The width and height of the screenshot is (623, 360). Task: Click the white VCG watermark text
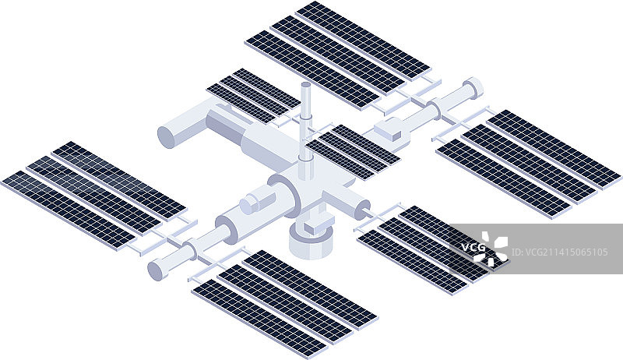pyautogui.click(x=473, y=247)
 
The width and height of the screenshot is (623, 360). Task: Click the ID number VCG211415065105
pyautogui.click(x=559, y=252)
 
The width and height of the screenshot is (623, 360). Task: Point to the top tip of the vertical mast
pyautogui.click(x=305, y=85)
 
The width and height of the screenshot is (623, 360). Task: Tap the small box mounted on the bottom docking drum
pyautogui.click(x=319, y=224)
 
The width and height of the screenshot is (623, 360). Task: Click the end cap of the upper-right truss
pyautogui.click(x=473, y=88)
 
